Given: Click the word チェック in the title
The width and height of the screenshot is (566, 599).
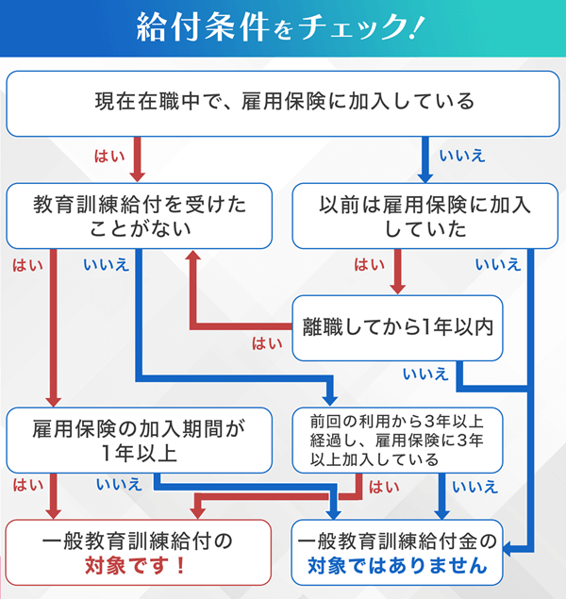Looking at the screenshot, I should click(339, 27).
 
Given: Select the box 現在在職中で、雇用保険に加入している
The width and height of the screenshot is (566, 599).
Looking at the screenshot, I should click(283, 100).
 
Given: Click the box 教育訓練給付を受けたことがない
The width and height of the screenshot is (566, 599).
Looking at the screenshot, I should click(140, 215).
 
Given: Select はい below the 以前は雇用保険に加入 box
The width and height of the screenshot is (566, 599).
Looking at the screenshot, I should click(367, 265).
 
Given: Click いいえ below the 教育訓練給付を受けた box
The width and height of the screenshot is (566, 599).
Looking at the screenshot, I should click(107, 265).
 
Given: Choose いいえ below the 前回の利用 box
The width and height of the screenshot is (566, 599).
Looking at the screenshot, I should click(474, 487).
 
